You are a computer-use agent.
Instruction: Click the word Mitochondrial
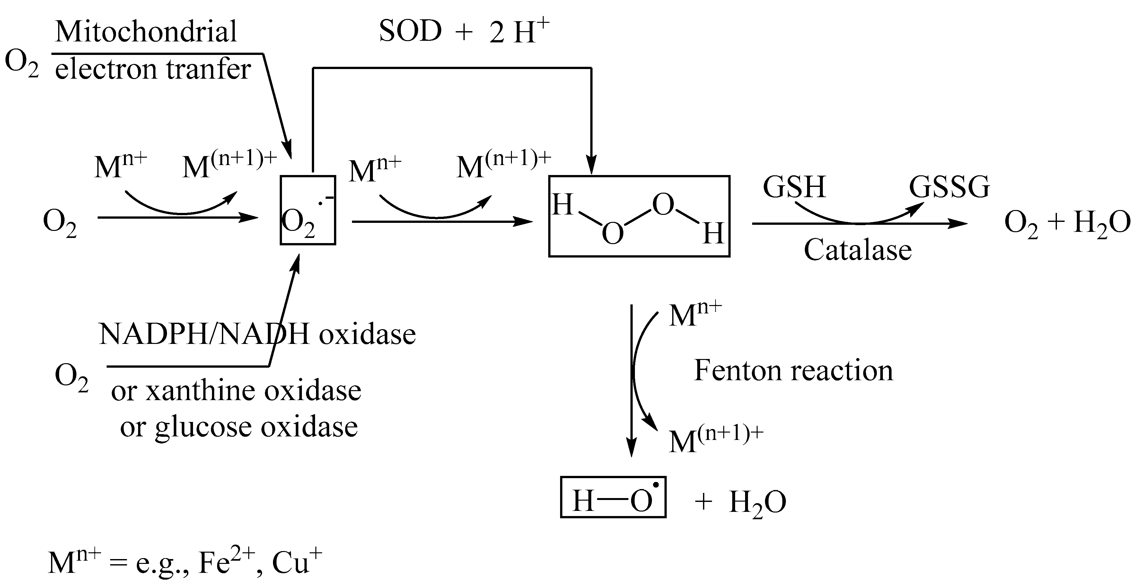146,32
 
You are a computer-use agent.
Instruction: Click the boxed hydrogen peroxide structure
639,216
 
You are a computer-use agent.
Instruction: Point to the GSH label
794,187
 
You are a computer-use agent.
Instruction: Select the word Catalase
857,250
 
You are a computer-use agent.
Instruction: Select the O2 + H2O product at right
1067,223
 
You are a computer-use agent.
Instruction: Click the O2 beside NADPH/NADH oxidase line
71,377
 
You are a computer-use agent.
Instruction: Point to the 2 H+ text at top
519,32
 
